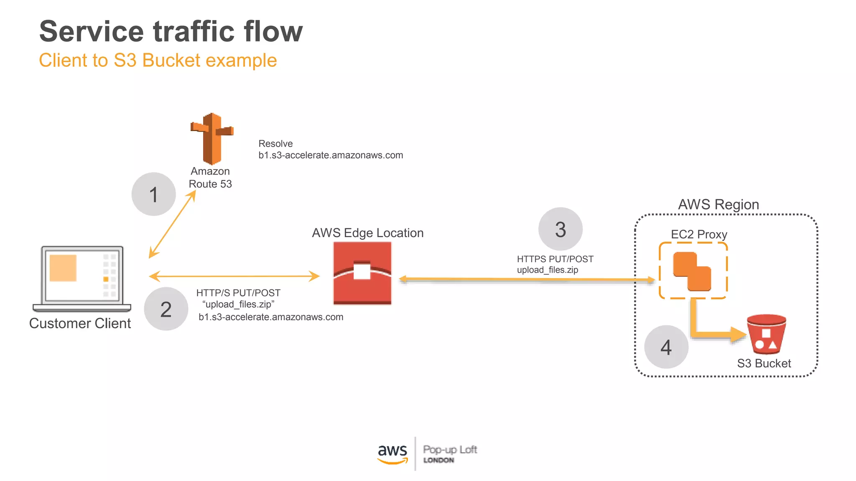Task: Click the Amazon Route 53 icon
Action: [x=212, y=139]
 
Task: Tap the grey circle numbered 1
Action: [x=153, y=194]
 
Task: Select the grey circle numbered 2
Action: [x=166, y=309]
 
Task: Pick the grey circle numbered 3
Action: [x=560, y=229]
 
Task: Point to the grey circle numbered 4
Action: [x=666, y=347]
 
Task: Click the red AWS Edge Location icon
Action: [x=362, y=273]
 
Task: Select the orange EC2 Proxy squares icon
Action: [x=692, y=271]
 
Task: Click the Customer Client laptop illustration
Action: [x=82, y=278]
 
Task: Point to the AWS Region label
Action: [x=718, y=205]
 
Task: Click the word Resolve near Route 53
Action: [x=275, y=144]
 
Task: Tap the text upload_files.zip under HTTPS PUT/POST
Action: [x=547, y=270]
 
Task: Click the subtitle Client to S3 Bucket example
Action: [x=158, y=60]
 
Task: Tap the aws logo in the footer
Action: [x=392, y=453]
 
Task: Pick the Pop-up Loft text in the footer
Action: [x=450, y=450]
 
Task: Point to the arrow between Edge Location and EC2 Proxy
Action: [x=527, y=279]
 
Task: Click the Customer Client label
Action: [x=80, y=323]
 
